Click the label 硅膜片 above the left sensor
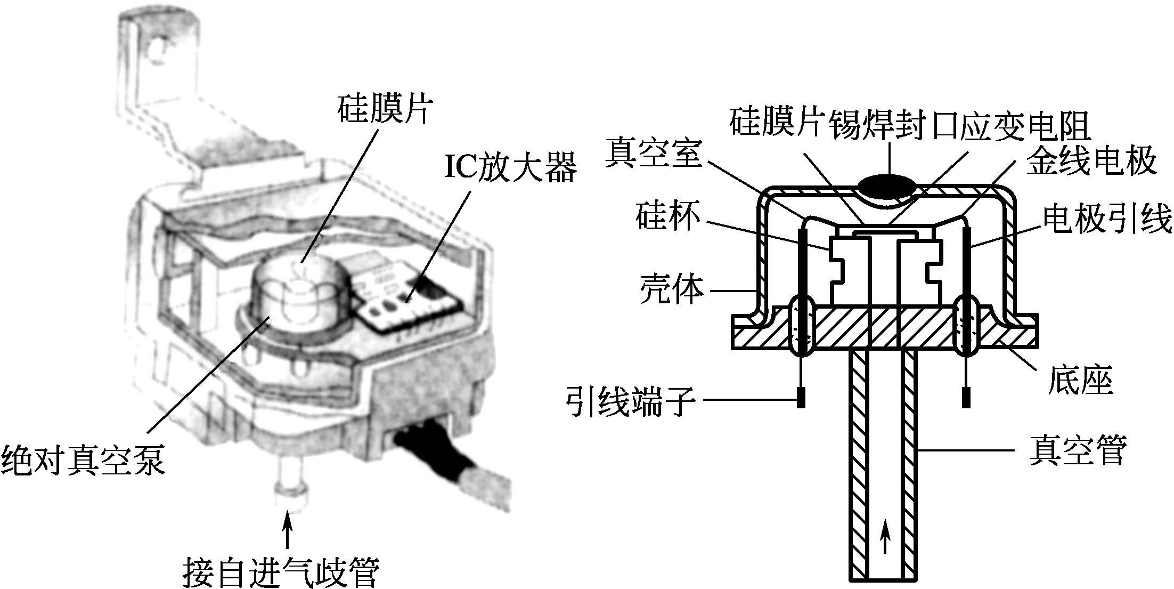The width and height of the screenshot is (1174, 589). [x=384, y=109]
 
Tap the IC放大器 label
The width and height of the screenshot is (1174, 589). [x=510, y=168]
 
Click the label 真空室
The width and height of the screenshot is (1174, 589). [x=654, y=152]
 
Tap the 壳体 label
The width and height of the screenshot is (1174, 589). [x=672, y=289]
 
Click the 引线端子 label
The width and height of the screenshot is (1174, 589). [x=631, y=400]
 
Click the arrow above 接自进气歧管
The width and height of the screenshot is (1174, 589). [x=288, y=528]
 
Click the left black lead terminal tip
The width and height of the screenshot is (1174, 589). [x=800, y=397]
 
